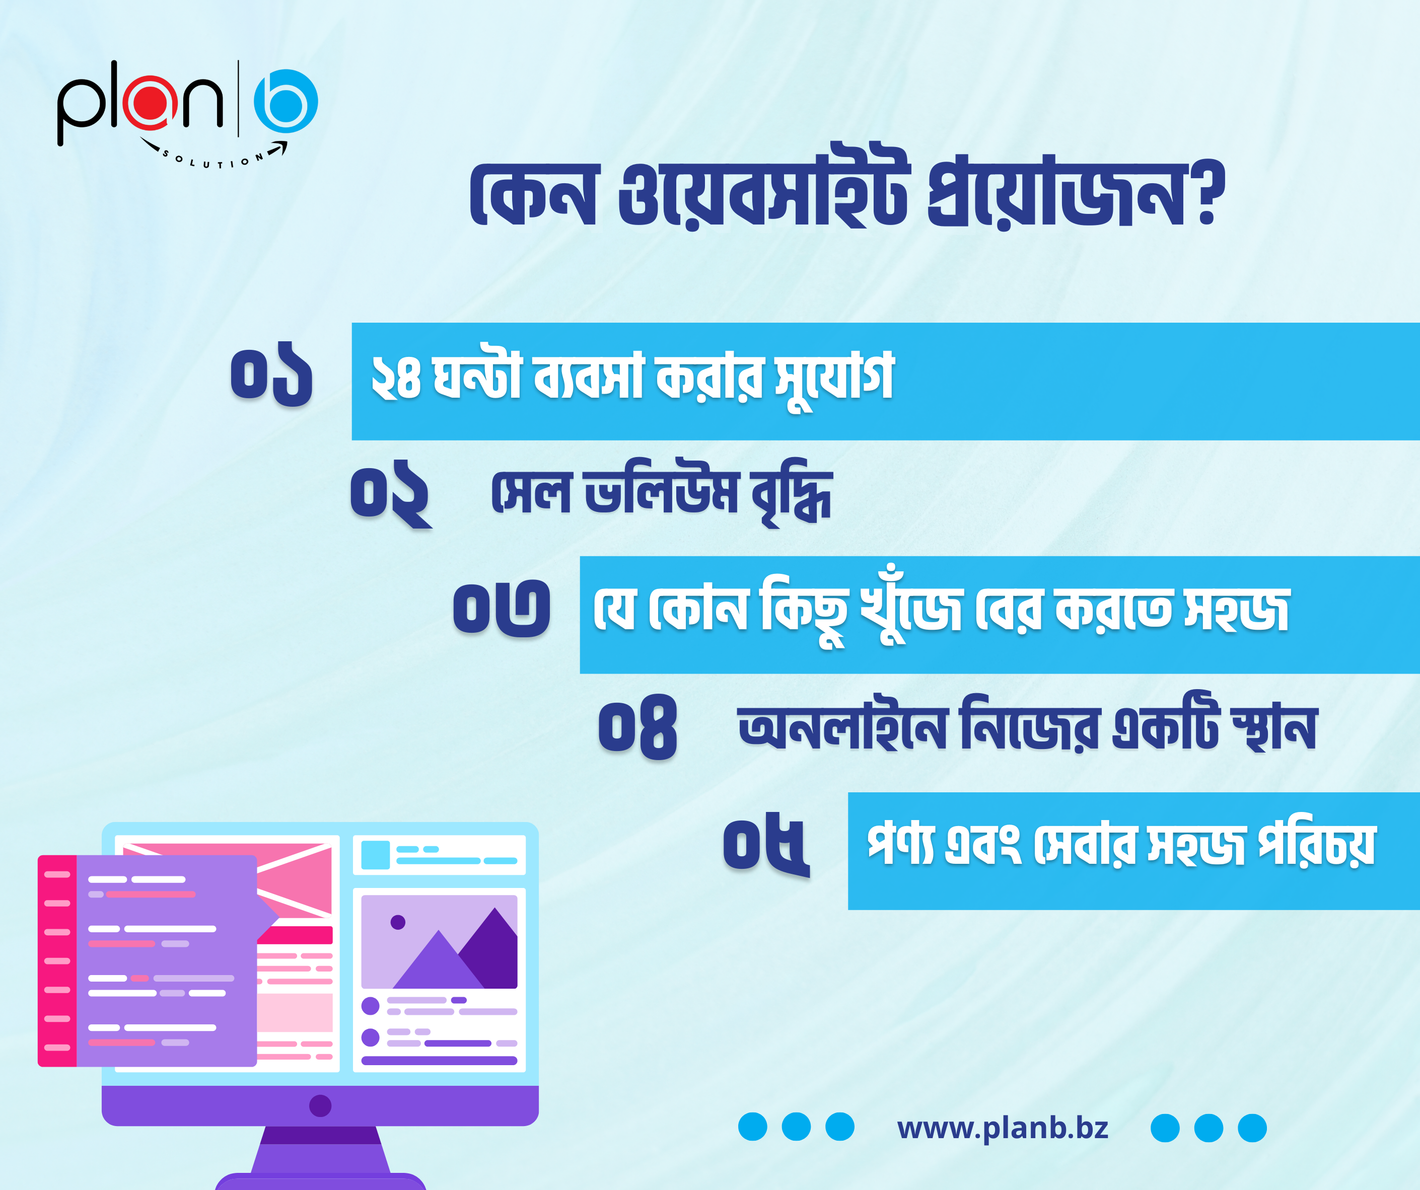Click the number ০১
272,374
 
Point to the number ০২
391,494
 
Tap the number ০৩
502,608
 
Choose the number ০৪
637,727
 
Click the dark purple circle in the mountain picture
398,922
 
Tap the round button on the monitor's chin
320,1105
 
